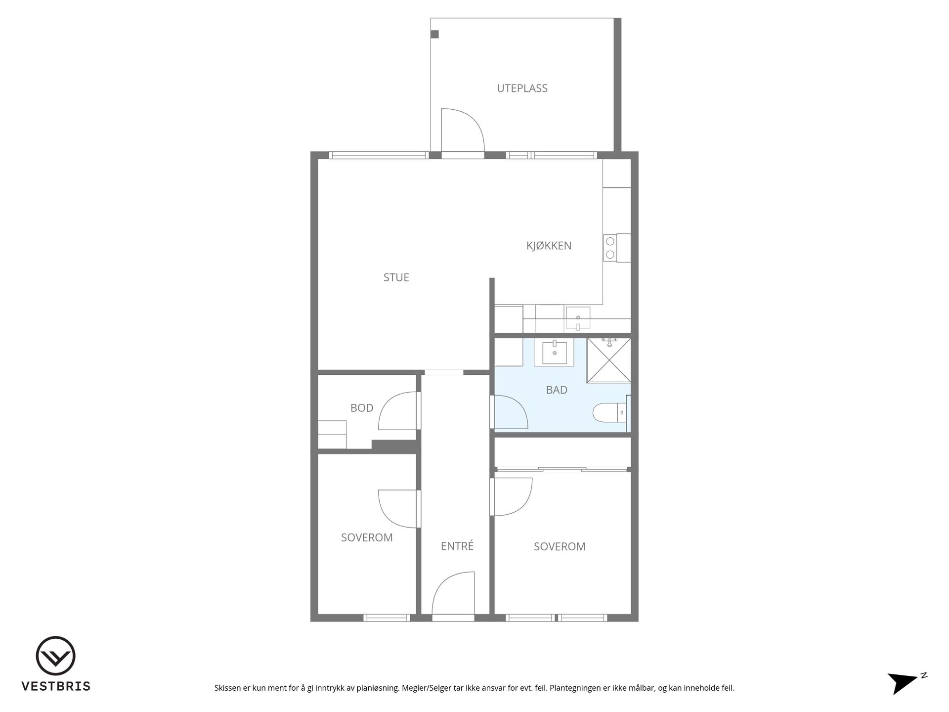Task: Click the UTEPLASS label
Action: tap(522, 89)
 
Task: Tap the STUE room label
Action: tap(396, 277)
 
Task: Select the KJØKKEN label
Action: tap(549, 245)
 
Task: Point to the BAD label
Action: tap(557, 390)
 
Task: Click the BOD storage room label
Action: tap(362, 408)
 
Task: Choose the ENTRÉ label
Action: tap(457, 545)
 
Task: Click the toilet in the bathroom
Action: tap(609, 412)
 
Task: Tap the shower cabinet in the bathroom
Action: tap(609, 360)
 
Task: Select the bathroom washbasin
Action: tap(554, 352)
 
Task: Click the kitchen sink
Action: tap(578, 317)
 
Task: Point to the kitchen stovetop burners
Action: tap(610, 248)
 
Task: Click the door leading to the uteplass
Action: tap(463, 131)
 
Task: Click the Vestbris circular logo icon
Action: tap(55, 656)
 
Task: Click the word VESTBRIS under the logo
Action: tap(55, 686)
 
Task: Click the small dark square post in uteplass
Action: tap(435, 34)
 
